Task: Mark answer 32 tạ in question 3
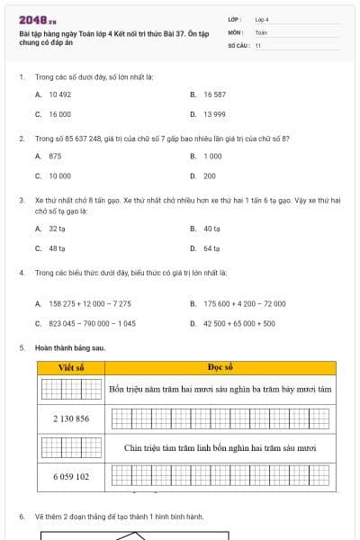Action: coord(57,229)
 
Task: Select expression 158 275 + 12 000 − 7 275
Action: coord(89,303)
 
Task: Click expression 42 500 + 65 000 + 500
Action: coord(239,323)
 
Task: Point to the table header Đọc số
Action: coord(220,367)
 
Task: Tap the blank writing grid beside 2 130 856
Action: coord(220,418)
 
